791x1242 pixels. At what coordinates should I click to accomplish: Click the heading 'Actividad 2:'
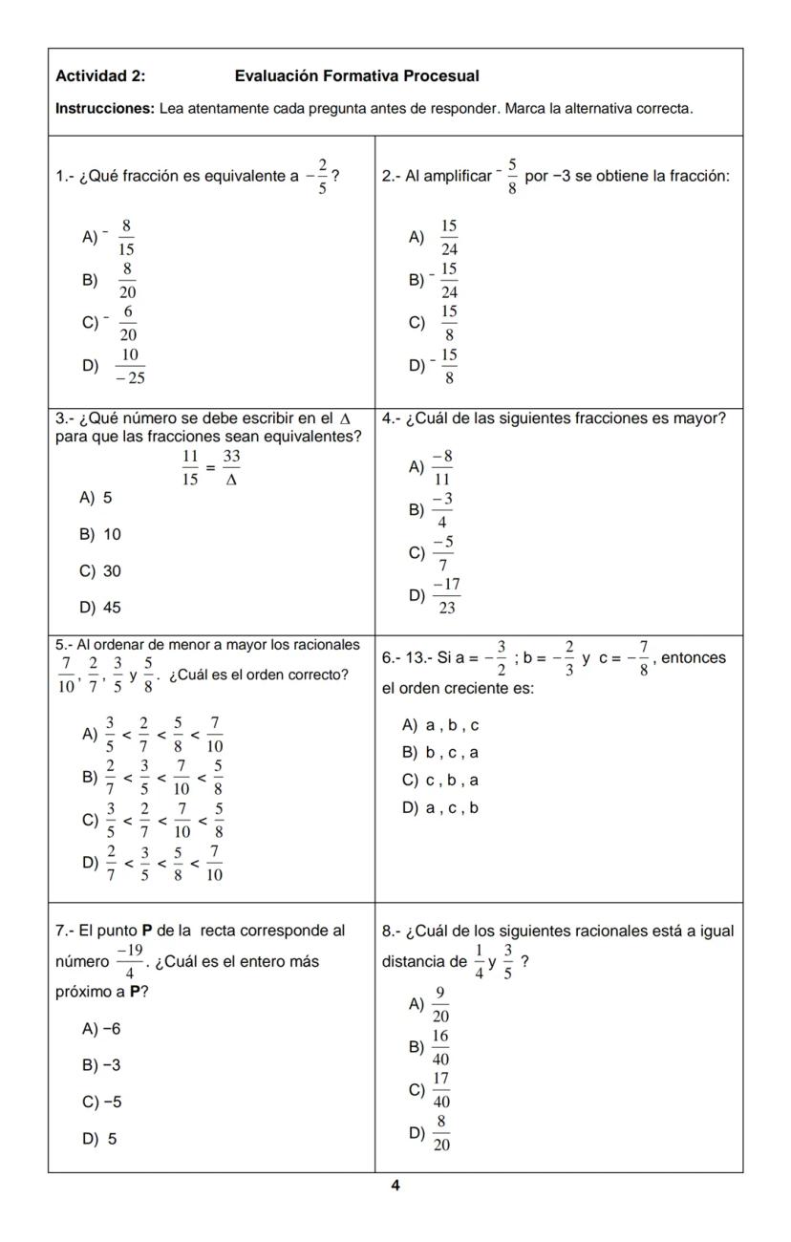tap(100, 75)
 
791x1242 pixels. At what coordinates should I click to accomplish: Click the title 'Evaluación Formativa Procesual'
tap(356, 75)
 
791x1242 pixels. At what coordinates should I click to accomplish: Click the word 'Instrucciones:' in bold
tap(105, 109)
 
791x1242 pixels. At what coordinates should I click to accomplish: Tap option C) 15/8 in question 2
tap(448, 323)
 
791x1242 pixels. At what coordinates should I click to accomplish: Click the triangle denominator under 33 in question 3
tap(231, 480)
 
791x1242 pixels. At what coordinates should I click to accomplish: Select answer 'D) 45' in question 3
tap(101, 608)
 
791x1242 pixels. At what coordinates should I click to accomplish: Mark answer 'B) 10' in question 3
tap(101, 534)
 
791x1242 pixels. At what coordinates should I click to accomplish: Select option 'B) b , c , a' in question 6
tap(440, 753)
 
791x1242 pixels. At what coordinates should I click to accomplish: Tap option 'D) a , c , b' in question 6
tap(440, 808)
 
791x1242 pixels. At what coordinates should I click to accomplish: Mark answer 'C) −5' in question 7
tap(102, 1102)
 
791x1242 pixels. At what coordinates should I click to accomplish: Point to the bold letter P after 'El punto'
tap(147, 931)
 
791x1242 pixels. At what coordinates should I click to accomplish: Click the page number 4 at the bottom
tap(395, 1186)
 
